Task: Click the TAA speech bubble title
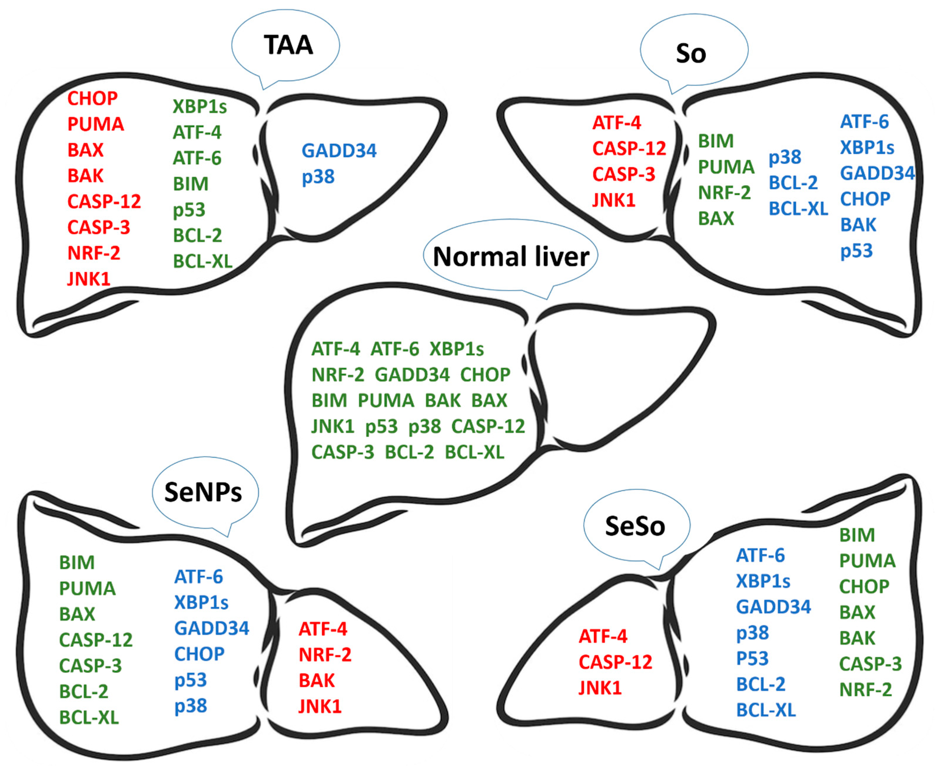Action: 288,45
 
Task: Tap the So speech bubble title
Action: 691,54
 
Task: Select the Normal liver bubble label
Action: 511,257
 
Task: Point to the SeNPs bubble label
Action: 203,492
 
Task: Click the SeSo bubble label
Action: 635,526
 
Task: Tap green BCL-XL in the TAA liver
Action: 202,262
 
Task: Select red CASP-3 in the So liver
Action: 623,174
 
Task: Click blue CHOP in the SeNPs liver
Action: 199,654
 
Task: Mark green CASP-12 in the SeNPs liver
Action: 96,640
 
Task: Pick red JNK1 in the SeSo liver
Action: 600,688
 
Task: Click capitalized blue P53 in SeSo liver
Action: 752,659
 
